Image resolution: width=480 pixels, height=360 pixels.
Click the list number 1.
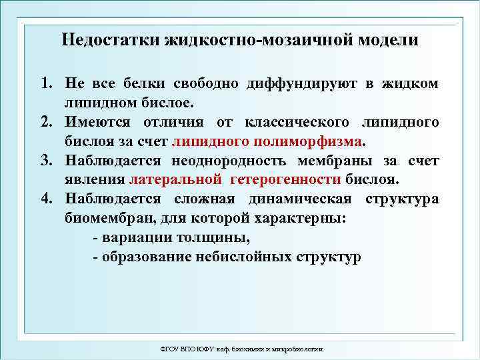[45, 84]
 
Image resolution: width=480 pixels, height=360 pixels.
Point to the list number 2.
[45, 123]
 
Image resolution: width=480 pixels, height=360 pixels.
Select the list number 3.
[45, 161]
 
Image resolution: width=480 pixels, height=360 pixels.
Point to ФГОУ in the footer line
[171, 349]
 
